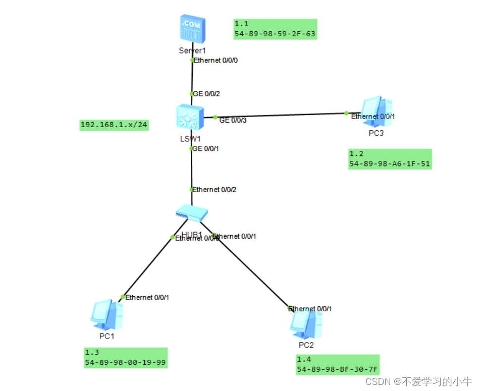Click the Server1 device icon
192,28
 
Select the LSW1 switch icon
190,118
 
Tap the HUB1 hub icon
191,213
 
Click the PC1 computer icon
107,314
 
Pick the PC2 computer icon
306,324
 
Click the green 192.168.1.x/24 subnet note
115,125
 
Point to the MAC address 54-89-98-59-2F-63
275,34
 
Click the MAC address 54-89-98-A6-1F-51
390,164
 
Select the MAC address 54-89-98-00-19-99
125,362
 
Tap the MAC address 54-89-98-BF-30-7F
337,369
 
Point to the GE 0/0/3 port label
233,120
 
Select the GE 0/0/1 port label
206,148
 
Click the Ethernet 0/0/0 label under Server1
216,61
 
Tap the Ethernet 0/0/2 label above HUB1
215,190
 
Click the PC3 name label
376,133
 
